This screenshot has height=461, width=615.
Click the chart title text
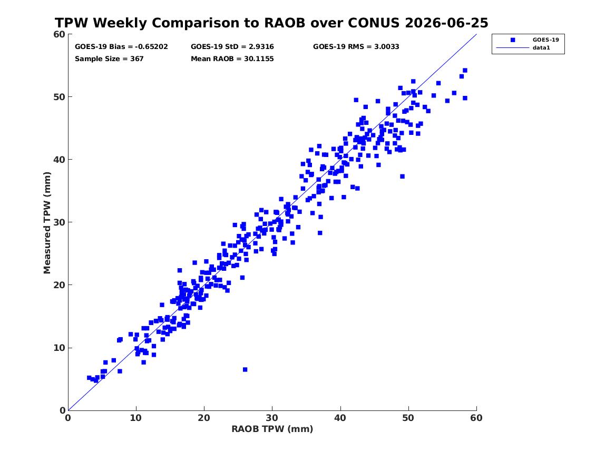click(271, 23)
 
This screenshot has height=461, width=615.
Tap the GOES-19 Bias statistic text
click(121, 47)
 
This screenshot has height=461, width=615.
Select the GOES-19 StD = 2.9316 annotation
click(232, 47)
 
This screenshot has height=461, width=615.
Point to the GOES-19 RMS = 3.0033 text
click(356, 47)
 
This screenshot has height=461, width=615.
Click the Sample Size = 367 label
click(109, 59)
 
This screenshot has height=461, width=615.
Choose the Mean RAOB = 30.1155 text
click(232, 59)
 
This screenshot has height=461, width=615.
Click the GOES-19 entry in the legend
click(545, 40)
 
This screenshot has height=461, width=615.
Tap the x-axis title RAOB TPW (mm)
click(272, 429)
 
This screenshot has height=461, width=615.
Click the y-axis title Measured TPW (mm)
click(47, 223)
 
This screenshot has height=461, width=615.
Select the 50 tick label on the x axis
click(408, 418)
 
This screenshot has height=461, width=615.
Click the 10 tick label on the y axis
click(59, 348)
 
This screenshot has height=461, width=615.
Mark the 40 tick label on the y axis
click(59, 160)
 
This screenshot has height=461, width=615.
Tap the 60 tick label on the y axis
click(59, 34)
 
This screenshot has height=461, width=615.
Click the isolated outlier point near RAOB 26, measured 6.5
click(245, 370)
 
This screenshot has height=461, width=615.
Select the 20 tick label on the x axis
click(204, 418)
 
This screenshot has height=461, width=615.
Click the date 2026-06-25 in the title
click(446, 23)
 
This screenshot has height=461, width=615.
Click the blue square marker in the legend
click(513, 40)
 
